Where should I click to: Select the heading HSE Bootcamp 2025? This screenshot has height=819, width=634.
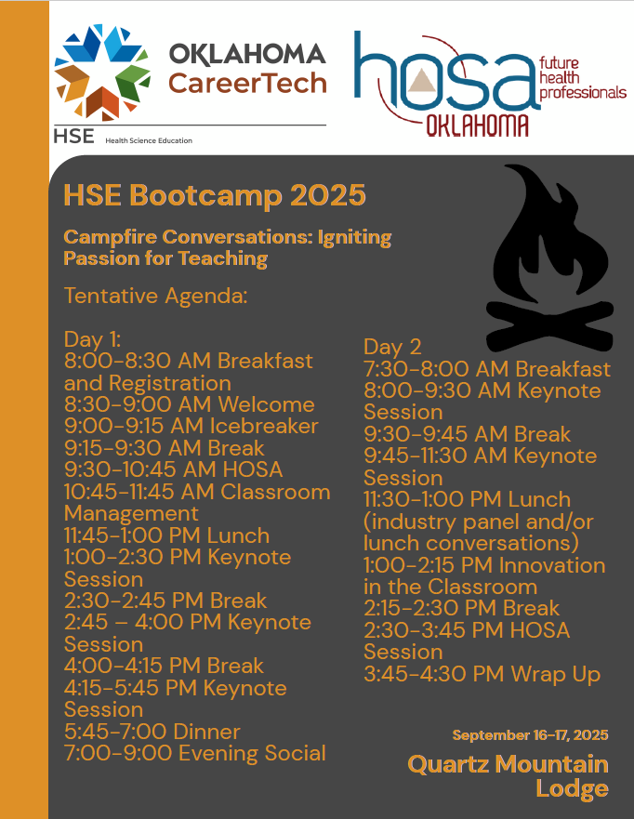click(x=215, y=195)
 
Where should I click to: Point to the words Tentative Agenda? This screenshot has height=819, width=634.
click(x=155, y=296)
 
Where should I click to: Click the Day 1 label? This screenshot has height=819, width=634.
click(x=92, y=339)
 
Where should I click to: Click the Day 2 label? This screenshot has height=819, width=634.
click(x=392, y=347)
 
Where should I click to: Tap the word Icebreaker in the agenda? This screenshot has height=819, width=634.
click(x=264, y=426)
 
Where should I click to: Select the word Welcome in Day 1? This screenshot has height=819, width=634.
click(x=267, y=404)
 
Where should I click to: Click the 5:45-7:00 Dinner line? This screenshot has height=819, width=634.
click(x=152, y=732)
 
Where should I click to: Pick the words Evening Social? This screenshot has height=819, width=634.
click(x=252, y=753)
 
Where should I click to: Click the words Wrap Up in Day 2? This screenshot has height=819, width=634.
click(x=556, y=674)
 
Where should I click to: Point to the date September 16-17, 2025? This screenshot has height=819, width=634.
click(x=530, y=735)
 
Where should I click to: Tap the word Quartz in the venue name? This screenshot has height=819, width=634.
click(x=449, y=765)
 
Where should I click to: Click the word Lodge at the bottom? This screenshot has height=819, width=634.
click(x=573, y=788)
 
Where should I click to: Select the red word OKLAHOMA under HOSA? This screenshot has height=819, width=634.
click(x=477, y=125)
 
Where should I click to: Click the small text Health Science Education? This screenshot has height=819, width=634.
click(x=149, y=140)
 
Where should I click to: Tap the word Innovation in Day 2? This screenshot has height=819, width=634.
click(x=552, y=565)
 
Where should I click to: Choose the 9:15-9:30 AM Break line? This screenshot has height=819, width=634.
click(x=164, y=448)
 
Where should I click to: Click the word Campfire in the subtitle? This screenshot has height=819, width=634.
click(x=111, y=238)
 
